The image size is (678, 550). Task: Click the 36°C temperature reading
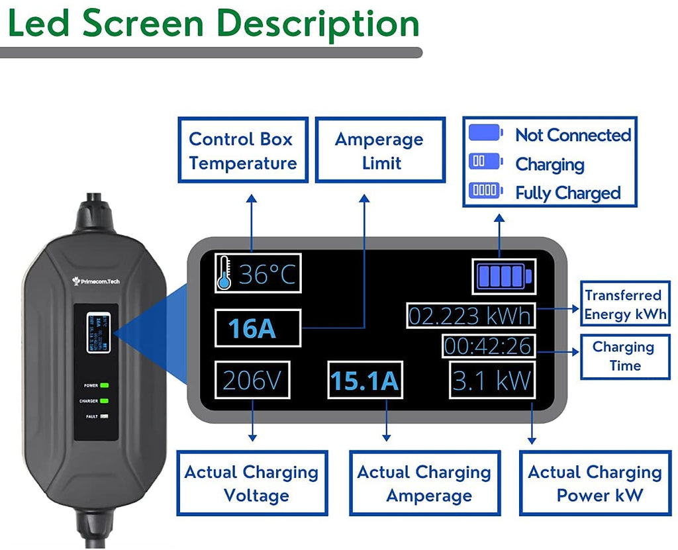point(267,273)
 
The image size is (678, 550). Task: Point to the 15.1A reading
point(365,381)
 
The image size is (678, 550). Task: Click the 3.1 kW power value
point(492,380)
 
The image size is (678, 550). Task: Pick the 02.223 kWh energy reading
point(470,316)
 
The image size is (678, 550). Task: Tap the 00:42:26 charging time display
point(488,345)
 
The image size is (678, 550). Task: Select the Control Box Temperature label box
point(243,151)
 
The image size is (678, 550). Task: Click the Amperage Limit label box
point(379,151)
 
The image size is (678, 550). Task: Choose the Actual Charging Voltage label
point(252,484)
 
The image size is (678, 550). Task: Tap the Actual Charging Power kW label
point(595,484)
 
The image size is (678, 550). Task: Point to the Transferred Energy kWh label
point(623,304)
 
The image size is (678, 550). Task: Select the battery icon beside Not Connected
point(487,132)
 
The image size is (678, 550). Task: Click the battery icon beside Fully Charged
point(487,191)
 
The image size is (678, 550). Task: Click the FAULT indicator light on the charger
point(105,416)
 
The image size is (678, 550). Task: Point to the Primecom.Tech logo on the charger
point(97,281)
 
